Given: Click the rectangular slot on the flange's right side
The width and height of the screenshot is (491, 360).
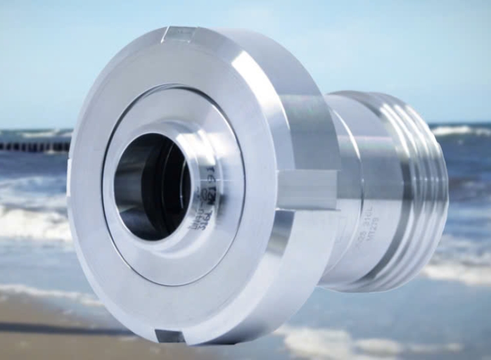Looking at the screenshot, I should click(x=308, y=190).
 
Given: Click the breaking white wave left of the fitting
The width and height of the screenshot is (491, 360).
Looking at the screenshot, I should click(x=33, y=219).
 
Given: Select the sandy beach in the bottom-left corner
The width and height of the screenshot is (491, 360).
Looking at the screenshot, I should click(x=39, y=327).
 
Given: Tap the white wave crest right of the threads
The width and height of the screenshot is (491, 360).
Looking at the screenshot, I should click(x=462, y=131).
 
